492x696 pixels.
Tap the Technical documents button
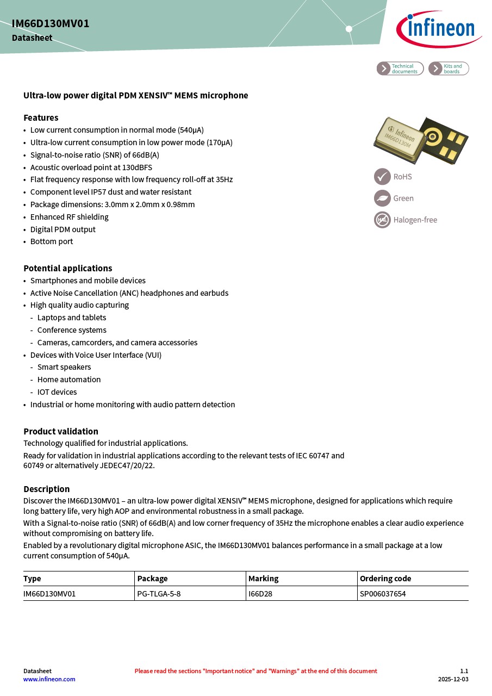tap(400, 69)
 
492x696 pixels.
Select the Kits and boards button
tap(449, 69)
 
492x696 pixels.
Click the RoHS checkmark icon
tap(382, 177)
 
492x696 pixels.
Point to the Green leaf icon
tap(382, 198)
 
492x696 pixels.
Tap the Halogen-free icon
tap(382, 220)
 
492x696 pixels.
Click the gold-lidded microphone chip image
tap(400, 139)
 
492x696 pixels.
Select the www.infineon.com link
tap(49, 679)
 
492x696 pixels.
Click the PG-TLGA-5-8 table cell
tap(159, 594)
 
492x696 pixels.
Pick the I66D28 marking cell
tap(260, 594)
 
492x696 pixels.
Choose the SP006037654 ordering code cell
tap(383, 594)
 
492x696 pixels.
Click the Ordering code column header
tap(385, 579)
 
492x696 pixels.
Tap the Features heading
tap(41, 117)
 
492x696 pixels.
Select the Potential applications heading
tap(68, 268)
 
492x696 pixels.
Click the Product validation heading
tap(61, 431)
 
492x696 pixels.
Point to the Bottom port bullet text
tap(52, 241)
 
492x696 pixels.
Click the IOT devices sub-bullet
tap(57, 392)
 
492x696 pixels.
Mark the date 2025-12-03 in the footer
tap(453, 679)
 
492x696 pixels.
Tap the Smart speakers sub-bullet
tap(64, 367)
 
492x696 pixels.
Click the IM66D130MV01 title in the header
tap(51, 23)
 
